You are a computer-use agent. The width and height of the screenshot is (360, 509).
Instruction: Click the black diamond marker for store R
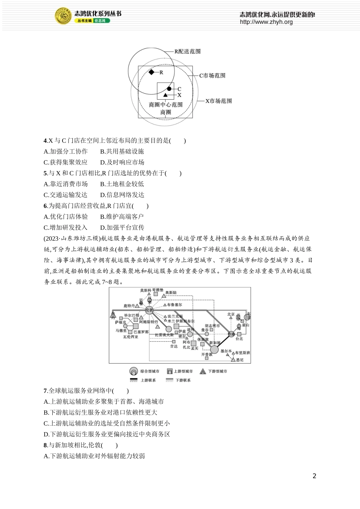152,72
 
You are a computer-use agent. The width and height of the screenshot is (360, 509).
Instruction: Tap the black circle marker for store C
169,89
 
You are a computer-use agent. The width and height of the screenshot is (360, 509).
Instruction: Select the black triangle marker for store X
166,95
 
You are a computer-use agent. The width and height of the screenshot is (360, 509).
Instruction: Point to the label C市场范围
212,76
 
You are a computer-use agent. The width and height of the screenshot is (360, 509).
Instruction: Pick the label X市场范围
218,101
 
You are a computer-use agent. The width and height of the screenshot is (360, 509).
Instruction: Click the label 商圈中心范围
166,105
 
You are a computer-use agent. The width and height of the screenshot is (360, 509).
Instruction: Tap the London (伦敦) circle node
149,310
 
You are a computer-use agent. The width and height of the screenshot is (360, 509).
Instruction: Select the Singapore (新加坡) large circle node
214,349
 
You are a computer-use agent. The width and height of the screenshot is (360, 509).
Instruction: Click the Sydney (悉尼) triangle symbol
233,359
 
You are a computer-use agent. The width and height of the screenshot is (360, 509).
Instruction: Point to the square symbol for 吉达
174,342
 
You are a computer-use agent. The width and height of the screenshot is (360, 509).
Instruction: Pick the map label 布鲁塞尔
174,305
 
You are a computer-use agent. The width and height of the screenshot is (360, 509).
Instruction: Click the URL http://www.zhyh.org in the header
266,22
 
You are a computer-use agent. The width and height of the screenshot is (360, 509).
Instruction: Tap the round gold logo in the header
63,16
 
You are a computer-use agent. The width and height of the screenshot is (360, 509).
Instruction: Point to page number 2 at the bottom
314,476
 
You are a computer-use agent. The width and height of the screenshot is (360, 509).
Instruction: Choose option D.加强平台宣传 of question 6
122,228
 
